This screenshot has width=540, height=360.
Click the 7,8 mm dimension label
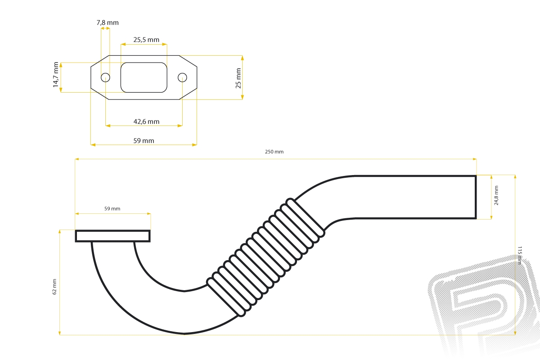click(x=108, y=22)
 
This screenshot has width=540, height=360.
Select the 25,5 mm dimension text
click(x=146, y=40)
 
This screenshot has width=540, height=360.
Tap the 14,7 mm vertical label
click(x=56, y=75)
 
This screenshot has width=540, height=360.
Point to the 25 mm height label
click(x=238, y=78)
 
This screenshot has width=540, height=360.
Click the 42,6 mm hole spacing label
click(x=146, y=121)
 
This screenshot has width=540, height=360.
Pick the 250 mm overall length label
click(x=274, y=152)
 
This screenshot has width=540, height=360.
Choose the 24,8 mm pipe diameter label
click(x=496, y=195)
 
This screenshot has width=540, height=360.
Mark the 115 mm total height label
click(x=519, y=255)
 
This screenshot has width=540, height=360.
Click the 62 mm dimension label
click(x=54, y=287)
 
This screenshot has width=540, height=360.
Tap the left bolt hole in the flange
click(x=105, y=78)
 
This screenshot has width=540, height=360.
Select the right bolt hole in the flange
click(x=182, y=78)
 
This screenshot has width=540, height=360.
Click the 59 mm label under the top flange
click(x=144, y=140)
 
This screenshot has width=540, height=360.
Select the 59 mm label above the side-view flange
click(x=112, y=208)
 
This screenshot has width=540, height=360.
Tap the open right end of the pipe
click(x=476, y=197)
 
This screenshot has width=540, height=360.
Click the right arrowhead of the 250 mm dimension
click(x=475, y=159)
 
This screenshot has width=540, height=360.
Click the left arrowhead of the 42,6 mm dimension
click(x=108, y=126)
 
